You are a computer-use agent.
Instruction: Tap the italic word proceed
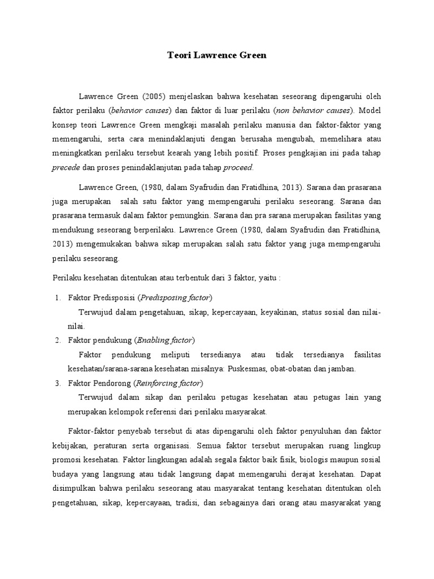(x=238, y=167)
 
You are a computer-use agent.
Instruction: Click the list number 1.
(x=57, y=297)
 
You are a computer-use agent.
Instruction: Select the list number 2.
(x=57, y=340)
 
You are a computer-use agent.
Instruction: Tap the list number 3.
(x=57, y=383)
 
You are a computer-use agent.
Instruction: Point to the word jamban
(x=343, y=369)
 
